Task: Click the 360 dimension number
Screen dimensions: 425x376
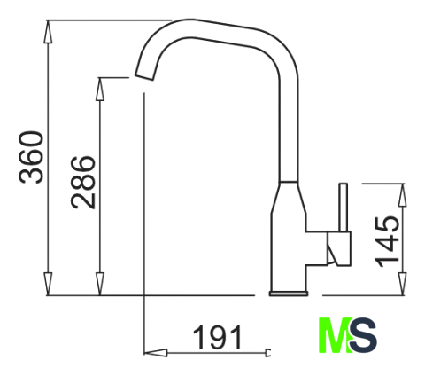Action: (x=31, y=157)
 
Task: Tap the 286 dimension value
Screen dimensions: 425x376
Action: (x=83, y=183)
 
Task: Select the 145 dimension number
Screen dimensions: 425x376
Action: (x=387, y=242)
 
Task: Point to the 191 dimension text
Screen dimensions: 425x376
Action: (x=218, y=337)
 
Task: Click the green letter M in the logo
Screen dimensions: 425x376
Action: (x=335, y=335)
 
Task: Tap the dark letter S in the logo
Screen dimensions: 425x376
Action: (x=363, y=335)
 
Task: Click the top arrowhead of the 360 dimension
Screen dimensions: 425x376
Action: (x=48, y=31)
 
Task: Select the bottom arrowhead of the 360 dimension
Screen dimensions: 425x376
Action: (x=48, y=284)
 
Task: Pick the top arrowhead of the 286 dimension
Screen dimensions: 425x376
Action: (x=100, y=90)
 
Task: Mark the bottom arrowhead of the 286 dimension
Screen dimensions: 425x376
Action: (x=100, y=284)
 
